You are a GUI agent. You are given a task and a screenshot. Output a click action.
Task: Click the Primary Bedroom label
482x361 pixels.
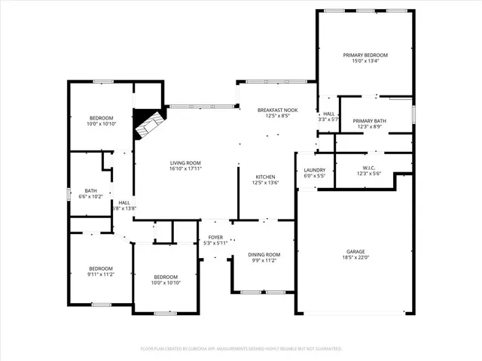coord(365,56)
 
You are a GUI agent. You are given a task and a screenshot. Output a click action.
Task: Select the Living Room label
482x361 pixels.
coord(185,162)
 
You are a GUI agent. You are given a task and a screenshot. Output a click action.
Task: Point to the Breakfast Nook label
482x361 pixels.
coord(277,110)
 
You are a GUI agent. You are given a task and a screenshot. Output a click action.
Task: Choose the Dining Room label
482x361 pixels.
coord(264,255)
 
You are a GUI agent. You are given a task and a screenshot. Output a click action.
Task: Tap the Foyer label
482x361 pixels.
coord(215,237)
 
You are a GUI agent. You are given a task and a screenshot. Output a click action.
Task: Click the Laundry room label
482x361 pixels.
coord(314,170)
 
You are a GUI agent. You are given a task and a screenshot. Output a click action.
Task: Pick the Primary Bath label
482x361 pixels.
coord(369,120)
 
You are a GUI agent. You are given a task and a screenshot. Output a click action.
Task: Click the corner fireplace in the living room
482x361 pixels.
coord(148,123)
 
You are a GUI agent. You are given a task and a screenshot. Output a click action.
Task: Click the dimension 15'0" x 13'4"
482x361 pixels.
coord(365,62)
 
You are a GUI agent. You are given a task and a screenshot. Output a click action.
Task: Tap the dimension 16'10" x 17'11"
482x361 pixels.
coord(185,168)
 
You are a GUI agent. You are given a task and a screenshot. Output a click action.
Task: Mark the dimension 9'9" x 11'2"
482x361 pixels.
coord(264,261)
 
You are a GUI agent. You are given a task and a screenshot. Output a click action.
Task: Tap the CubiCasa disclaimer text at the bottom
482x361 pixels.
coord(241,349)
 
